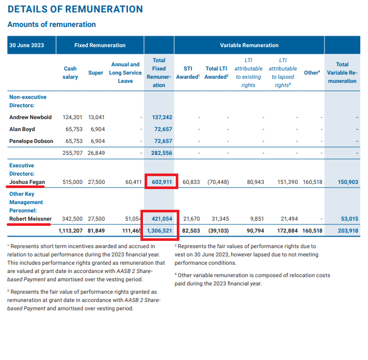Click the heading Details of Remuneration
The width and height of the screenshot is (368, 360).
click(75, 9)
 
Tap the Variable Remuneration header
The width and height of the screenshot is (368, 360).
click(249, 45)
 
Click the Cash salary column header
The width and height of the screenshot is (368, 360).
click(70, 73)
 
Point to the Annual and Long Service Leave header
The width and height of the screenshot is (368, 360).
click(125, 73)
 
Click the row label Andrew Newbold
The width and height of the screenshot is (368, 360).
click(31, 117)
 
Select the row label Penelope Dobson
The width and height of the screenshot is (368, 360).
click(31, 141)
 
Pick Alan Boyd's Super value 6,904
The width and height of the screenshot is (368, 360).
click(97, 129)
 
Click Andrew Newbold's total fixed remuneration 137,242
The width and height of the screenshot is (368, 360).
click(162, 117)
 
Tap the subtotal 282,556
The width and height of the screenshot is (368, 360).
click(162, 153)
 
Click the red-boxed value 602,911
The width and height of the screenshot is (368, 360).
click(162, 182)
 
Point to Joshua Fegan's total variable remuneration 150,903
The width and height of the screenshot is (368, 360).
click(348, 182)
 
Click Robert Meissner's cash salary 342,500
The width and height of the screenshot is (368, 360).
click(72, 219)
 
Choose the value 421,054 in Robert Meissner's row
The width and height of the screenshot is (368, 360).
click(162, 219)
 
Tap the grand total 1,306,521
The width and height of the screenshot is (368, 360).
click(159, 231)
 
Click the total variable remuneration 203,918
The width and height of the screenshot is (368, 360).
click(348, 231)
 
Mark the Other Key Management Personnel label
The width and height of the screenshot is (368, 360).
click(26, 202)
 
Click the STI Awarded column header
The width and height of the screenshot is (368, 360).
click(188, 73)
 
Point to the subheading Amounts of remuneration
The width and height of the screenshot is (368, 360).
click(52, 24)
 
